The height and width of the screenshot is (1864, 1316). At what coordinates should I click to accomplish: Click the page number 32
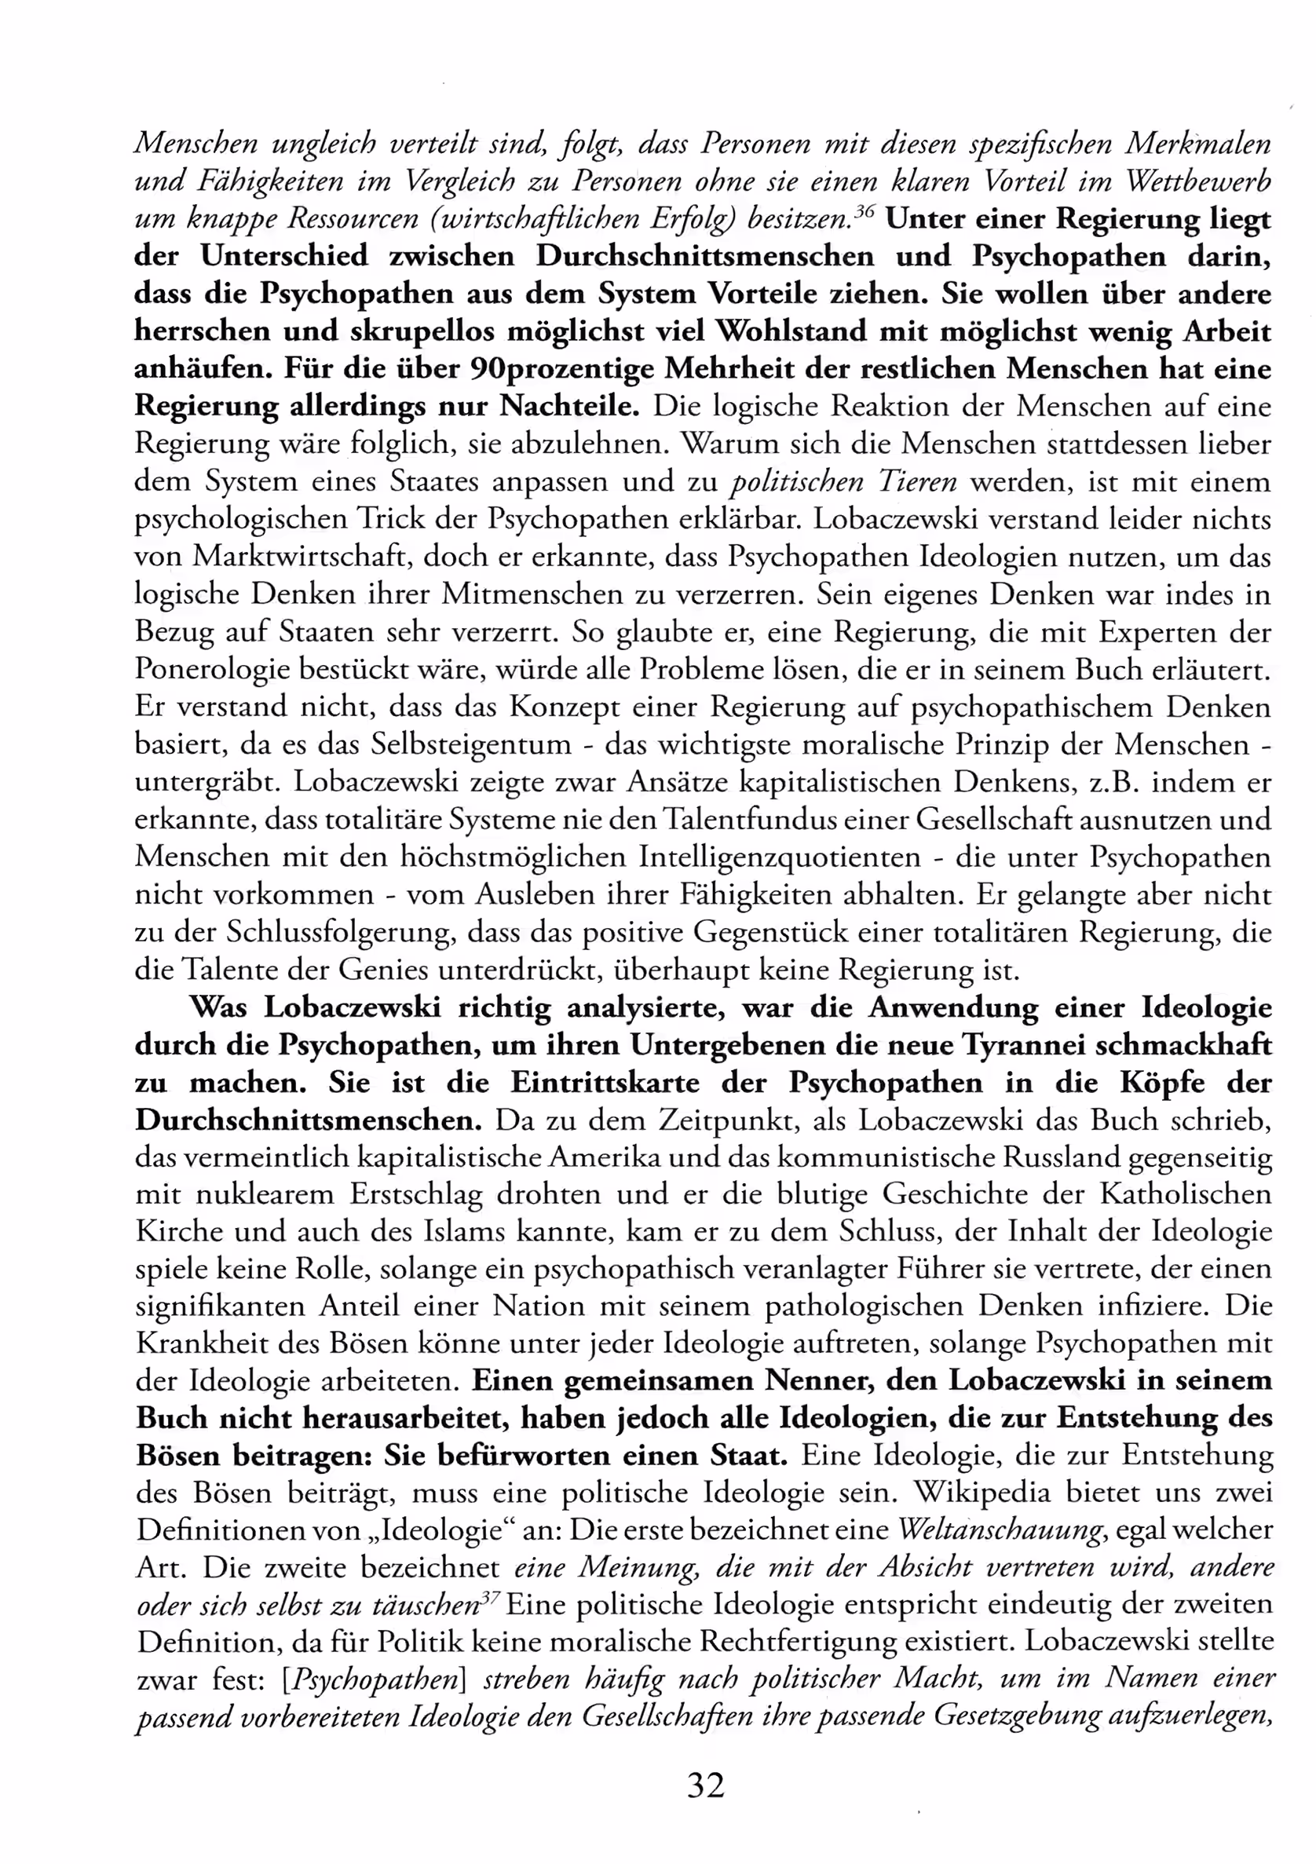point(704,1785)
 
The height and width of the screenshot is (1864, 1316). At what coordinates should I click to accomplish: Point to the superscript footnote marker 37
point(490,1597)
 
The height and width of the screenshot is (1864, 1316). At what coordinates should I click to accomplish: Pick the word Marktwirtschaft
point(298,557)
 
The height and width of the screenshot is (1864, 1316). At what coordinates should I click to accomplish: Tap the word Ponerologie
point(210,670)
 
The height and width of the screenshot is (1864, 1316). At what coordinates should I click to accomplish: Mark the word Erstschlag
point(416,1195)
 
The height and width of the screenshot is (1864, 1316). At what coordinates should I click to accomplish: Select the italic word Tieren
point(915,482)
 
